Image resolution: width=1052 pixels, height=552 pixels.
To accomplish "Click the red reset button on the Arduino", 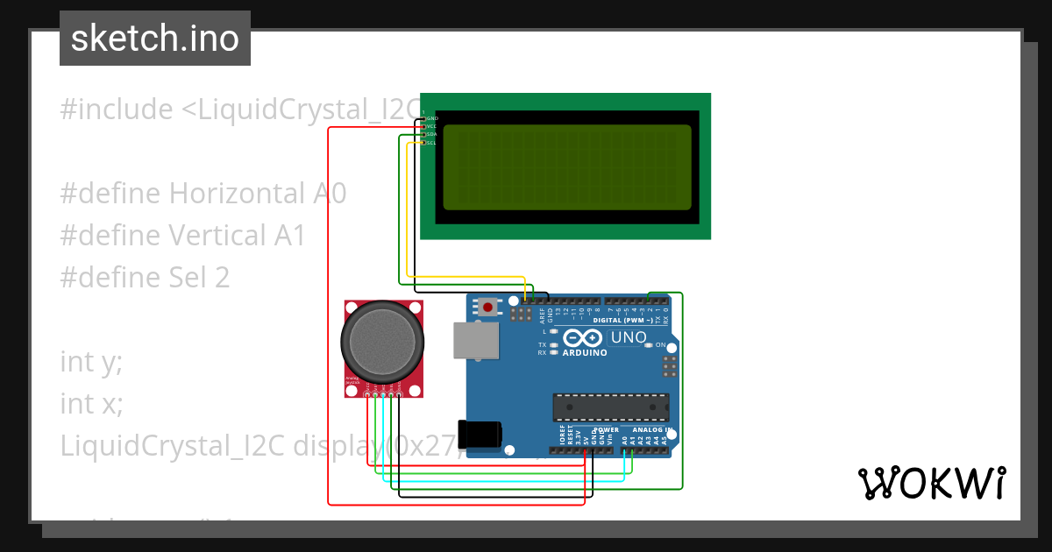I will (x=487, y=307).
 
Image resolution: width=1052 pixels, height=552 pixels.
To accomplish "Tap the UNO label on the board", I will (x=628, y=337).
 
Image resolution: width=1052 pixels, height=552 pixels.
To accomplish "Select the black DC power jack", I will (x=481, y=435).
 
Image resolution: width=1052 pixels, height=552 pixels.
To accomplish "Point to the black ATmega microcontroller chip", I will (x=610, y=407).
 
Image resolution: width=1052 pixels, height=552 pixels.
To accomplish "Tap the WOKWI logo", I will (x=931, y=483).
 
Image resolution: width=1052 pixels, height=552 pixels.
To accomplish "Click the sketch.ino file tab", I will (x=155, y=39).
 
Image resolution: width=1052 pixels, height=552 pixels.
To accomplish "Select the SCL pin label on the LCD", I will (x=431, y=143).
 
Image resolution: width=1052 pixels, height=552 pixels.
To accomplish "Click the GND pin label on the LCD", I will (x=431, y=117).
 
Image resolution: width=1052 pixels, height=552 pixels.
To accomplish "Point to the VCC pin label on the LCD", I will (x=431, y=126).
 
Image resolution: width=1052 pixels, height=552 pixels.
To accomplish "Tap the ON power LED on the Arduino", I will (x=650, y=345).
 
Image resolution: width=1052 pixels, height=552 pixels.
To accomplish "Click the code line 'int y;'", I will (x=91, y=361).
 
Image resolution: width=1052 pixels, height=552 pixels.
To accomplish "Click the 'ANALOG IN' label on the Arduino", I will (x=650, y=430).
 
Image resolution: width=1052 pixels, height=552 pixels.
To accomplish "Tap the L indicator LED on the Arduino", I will (x=553, y=332).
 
